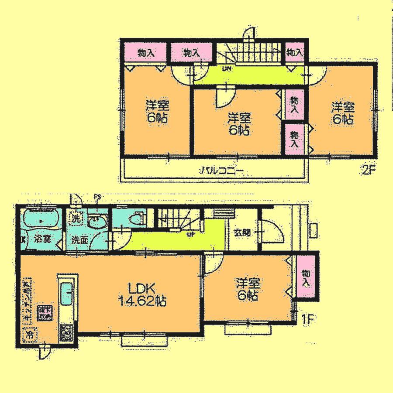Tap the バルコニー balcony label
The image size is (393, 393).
(221, 171)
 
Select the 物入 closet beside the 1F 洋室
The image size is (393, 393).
(307, 278)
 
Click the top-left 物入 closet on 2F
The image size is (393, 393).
(146, 53)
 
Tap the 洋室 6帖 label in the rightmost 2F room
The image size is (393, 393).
(342, 113)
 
